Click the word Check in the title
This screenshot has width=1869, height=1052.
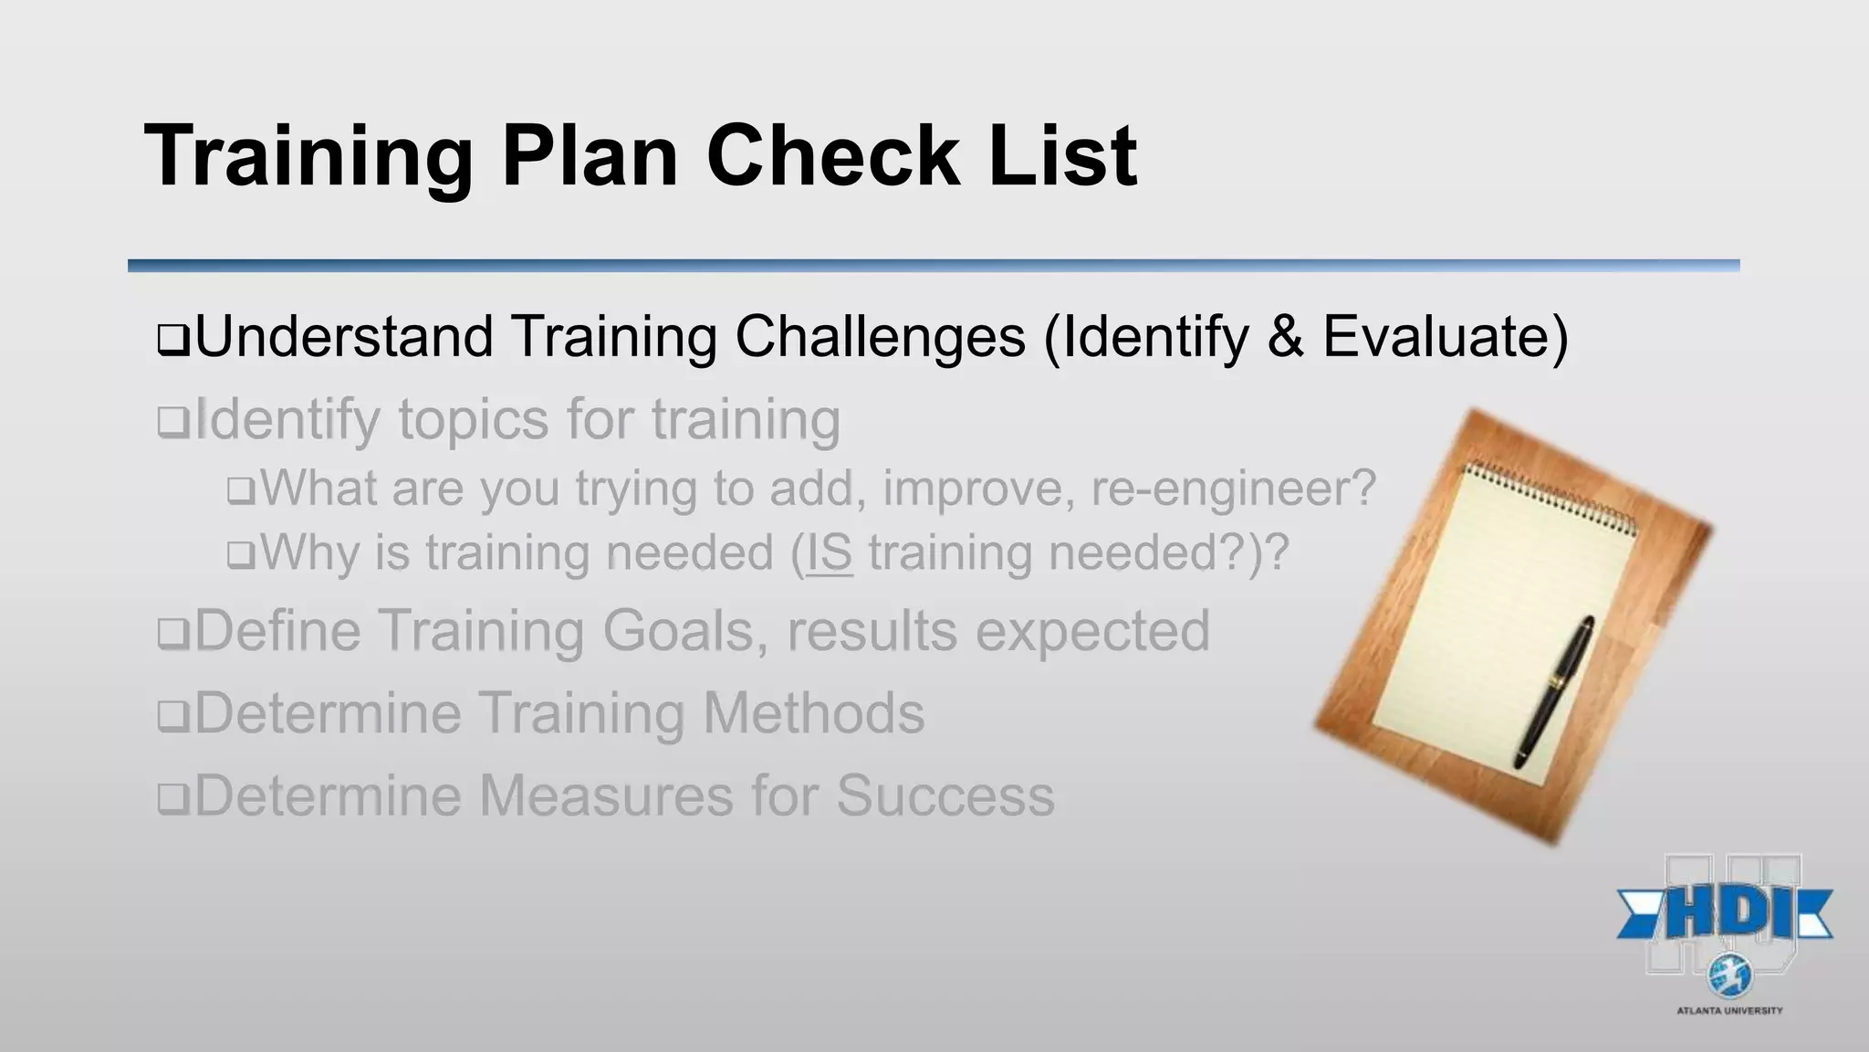click(x=832, y=156)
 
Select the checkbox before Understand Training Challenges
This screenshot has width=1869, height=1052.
click(x=172, y=341)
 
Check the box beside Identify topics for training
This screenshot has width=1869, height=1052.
click(x=172, y=423)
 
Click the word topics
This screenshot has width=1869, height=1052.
click(x=474, y=421)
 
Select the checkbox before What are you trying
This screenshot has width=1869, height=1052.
click(x=240, y=491)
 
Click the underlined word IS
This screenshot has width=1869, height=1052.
click(x=829, y=553)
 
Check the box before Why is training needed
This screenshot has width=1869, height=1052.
click(x=240, y=555)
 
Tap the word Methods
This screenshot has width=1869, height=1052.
click(x=813, y=713)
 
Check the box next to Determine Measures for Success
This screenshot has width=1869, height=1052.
click(x=172, y=799)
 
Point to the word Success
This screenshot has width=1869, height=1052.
click(x=945, y=796)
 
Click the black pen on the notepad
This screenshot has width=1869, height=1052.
click(x=1555, y=690)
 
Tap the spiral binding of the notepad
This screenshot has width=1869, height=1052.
click(x=1551, y=499)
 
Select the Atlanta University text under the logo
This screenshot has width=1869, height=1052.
click(x=1729, y=1011)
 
